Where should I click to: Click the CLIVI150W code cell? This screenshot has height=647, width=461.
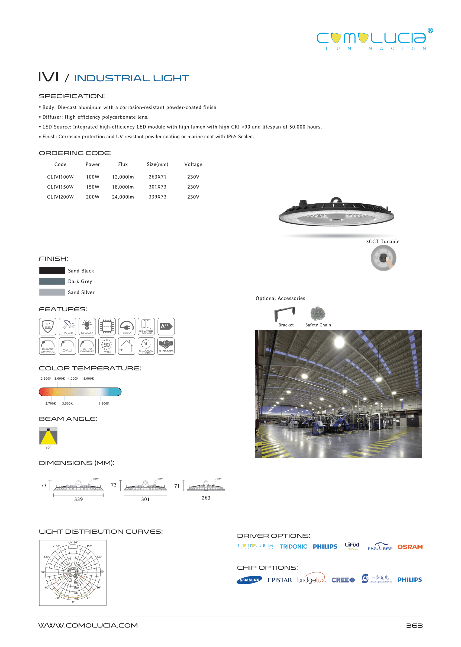60,187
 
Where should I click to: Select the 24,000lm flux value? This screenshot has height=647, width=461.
123,197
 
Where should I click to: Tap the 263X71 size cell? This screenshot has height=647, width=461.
157,177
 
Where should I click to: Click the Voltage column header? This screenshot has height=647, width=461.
193,164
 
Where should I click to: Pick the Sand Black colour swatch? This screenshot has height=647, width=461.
52,271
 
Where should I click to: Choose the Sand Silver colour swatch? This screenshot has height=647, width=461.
52,292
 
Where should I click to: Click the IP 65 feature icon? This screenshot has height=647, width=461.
48,327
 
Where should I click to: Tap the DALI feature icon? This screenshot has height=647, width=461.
67,346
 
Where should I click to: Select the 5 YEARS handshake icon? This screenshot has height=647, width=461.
166,346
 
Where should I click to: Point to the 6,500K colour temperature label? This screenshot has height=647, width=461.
104,403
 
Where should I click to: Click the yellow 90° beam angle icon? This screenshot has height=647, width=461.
48,436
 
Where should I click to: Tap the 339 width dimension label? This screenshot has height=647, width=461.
78,499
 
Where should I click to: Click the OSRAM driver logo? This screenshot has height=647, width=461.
410,547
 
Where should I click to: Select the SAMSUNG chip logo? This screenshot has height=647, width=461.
249,580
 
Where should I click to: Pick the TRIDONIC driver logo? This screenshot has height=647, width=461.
294,547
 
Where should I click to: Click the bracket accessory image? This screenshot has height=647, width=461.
285,313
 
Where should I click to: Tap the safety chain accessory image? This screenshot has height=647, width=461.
318,313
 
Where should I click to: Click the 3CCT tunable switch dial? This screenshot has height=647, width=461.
383,258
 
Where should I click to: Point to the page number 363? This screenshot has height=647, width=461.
414,626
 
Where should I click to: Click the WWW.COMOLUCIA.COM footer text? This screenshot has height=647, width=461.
88,625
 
